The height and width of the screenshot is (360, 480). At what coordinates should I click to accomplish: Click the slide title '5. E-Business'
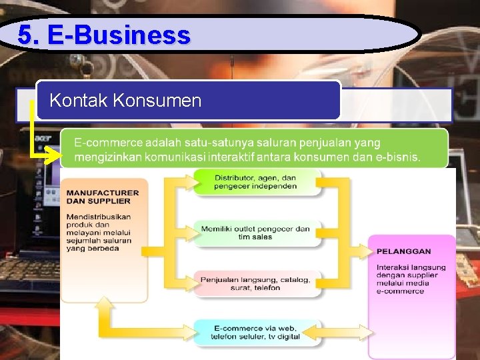pyautogui.click(x=104, y=35)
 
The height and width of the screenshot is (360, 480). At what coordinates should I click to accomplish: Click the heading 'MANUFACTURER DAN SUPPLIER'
pyautogui.click(x=103, y=197)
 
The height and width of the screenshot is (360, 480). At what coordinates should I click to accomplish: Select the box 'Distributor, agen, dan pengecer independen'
pyautogui.click(x=255, y=182)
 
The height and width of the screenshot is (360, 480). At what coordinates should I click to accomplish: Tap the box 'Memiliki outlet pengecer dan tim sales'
pyautogui.click(x=255, y=233)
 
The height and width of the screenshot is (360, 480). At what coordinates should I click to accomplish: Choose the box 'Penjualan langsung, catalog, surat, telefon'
pyautogui.click(x=255, y=283)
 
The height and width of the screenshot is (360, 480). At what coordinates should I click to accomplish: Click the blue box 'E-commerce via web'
pyautogui.click(x=255, y=332)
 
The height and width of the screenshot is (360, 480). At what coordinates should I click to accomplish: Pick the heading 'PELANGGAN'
pyautogui.click(x=403, y=251)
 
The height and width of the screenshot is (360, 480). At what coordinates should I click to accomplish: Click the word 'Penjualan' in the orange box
pyautogui.click(x=221, y=280)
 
